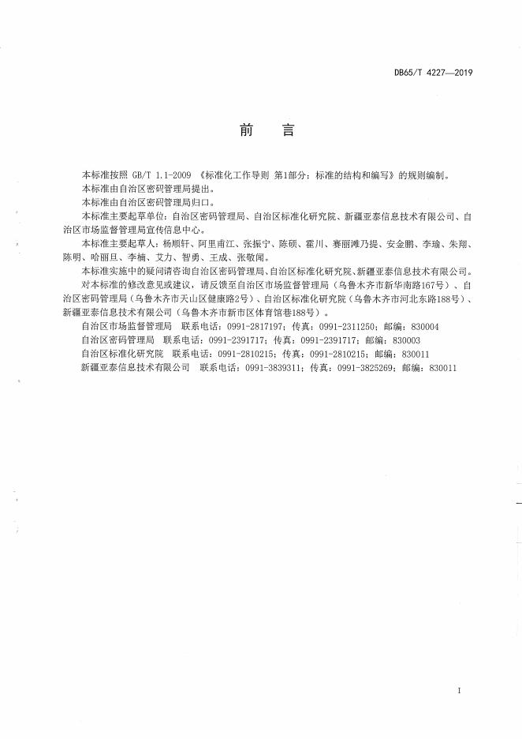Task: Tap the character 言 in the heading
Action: (288, 131)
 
